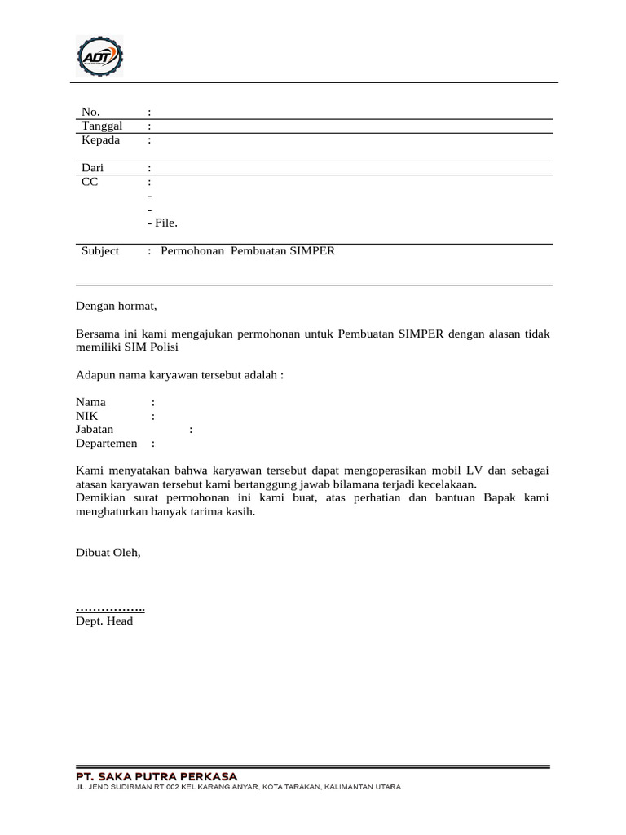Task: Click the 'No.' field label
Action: click(x=90, y=112)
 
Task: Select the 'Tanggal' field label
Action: click(x=102, y=126)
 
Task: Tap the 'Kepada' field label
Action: click(x=101, y=139)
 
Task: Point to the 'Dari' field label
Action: click(x=92, y=167)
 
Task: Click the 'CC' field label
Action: click(x=90, y=182)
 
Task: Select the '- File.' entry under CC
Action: click(x=162, y=223)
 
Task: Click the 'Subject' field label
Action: click(x=100, y=251)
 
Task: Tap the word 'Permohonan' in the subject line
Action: click(x=192, y=251)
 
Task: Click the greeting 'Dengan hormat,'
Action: click(x=115, y=307)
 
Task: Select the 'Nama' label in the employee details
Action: click(x=91, y=402)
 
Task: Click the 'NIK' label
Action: click(x=87, y=416)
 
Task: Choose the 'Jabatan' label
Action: click(x=95, y=430)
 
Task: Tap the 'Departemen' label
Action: click(x=107, y=444)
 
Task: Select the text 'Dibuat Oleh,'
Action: click(x=108, y=552)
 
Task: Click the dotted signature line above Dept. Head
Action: click(x=111, y=608)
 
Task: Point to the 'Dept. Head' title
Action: click(x=104, y=621)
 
